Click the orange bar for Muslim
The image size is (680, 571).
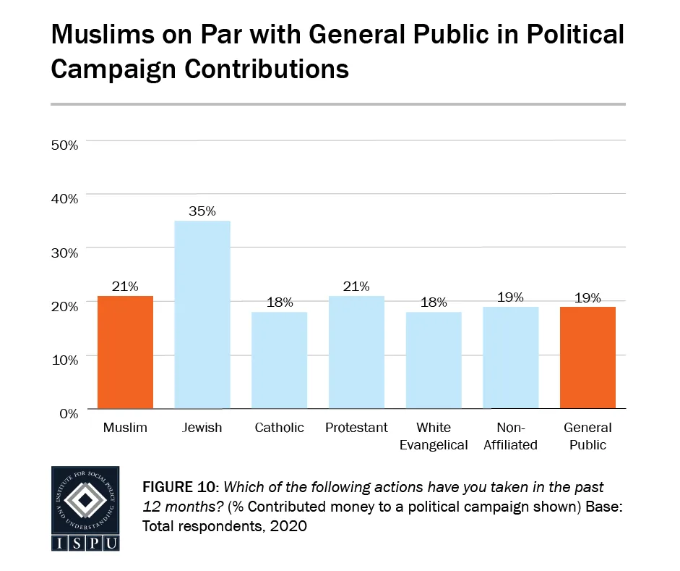pyautogui.click(x=125, y=352)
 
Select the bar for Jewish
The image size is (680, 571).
pyautogui.click(x=202, y=314)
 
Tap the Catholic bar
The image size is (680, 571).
pyautogui.click(x=279, y=360)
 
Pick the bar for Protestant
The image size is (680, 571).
pyautogui.click(x=356, y=352)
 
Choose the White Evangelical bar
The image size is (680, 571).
pyautogui.click(x=434, y=360)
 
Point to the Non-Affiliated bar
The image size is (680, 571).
pyautogui.click(x=511, y=358)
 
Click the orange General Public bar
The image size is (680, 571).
pyautogui.click(x=588, y=358)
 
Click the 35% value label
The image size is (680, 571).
pyautogui.click(x=202, y=211)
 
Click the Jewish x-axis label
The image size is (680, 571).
pyautogui.click(x=202, y=428)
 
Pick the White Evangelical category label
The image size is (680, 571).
pyautogui.click(x=434, y=436)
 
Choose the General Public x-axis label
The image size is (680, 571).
pyautogui.click(x=588, y=436)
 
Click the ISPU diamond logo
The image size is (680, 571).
pyautogui.click(x=85, y=499)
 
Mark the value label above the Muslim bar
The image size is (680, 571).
pyautogui.click(x=125, y=287)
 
